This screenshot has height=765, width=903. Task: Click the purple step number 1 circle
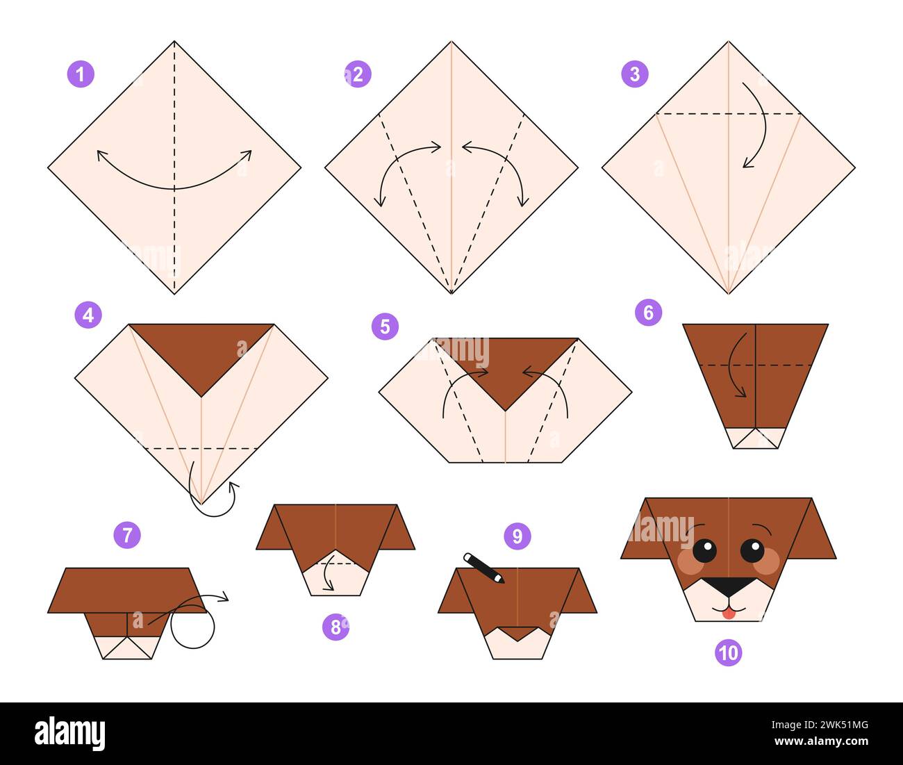pyautogui.click(x=81, y=74)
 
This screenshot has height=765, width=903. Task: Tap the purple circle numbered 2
pyautogui.click(x=358, y=74)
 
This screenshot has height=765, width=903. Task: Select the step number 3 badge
pyautogui.click(x=635, y=74)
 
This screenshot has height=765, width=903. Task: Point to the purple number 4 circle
pyautogui.click(x=88, y=315)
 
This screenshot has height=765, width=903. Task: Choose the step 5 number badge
pyautogui.click(x=385, y=326)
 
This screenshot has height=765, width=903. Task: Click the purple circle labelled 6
pyautogui.click(x=648, y=313)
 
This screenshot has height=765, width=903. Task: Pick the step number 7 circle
pyautogui.click(x=127, y=535)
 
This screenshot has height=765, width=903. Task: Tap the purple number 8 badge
pyautogui.click(x=335, y=627)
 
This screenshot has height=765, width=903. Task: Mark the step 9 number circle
pyautogui.click(x=517, y=536)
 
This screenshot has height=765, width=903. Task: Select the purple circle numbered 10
pyautogui.click(x=729, y=653)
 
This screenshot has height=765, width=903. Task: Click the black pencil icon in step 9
pyautogui.click(x=483, y=568)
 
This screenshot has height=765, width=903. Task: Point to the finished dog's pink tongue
pyautogui.click(x=727, y=613)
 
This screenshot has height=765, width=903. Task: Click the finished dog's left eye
pyautogui.click(x=704, y=551)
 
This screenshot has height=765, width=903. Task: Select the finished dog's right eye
pyautogui.click(x=752, y=551)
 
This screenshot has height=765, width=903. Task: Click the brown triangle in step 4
pyautogui.click(x=201, y=351)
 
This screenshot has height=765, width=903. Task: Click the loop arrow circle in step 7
pyautogui.click(x=192, y=627)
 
